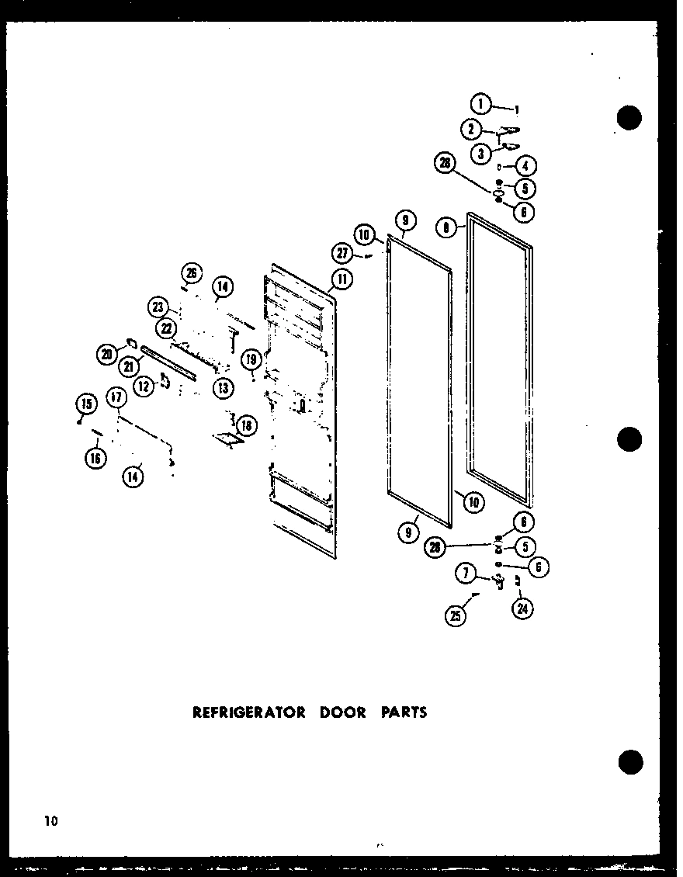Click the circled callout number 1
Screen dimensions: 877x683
(481, 102)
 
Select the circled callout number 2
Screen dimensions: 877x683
(471, 129)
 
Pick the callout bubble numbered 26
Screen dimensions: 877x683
(191, 272)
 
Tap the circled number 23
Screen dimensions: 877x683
(159, 308)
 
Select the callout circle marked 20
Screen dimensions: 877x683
(106, 355)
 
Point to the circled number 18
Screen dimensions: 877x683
(246, 425)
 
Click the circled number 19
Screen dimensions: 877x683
(251, 359)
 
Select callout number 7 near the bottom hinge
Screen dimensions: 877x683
(466, 575)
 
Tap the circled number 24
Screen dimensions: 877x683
(522, 609)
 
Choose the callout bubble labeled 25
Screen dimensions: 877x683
(455, 618)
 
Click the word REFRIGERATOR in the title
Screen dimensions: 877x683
(248, 712)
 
